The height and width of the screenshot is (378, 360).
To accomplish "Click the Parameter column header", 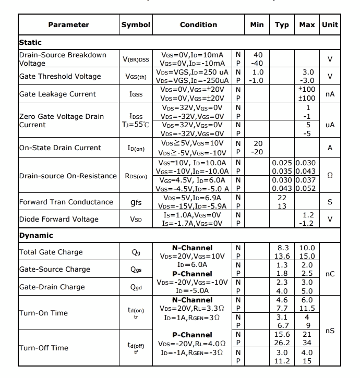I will click(68, 25).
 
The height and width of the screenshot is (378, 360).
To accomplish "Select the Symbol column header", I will click(136, 25).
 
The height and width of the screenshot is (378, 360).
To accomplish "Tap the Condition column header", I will click(198, 25).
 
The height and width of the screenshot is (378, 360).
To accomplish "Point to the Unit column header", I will click(330, 25).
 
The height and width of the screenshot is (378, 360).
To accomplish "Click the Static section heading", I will click(30, 42).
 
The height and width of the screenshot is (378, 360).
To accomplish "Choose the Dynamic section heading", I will click(36, 235).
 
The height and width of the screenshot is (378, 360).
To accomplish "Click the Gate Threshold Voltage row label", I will click(60, 76).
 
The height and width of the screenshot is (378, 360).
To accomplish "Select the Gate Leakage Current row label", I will click(57, 94).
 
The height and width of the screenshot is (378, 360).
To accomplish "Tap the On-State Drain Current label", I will click(60, 148).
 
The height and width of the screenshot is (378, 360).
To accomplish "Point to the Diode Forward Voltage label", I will click(58, 219).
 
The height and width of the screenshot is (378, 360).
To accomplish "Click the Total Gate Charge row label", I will click(51, 252).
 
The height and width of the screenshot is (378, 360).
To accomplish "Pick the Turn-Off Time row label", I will click(44, 348).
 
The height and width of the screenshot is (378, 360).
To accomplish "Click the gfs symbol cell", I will click(136, 202).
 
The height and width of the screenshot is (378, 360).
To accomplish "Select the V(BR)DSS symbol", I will click(136, 59).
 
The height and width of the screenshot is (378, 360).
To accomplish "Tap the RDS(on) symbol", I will click(136, 176).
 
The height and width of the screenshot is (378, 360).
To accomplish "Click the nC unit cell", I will click(330, 274).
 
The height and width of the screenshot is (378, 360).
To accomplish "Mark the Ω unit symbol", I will click(330, 176).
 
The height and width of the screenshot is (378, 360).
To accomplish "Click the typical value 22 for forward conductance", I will click(282, 198).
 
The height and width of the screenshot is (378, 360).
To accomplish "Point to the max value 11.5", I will click(307, 308).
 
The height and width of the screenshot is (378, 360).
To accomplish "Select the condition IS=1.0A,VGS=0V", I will click(192, 215).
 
